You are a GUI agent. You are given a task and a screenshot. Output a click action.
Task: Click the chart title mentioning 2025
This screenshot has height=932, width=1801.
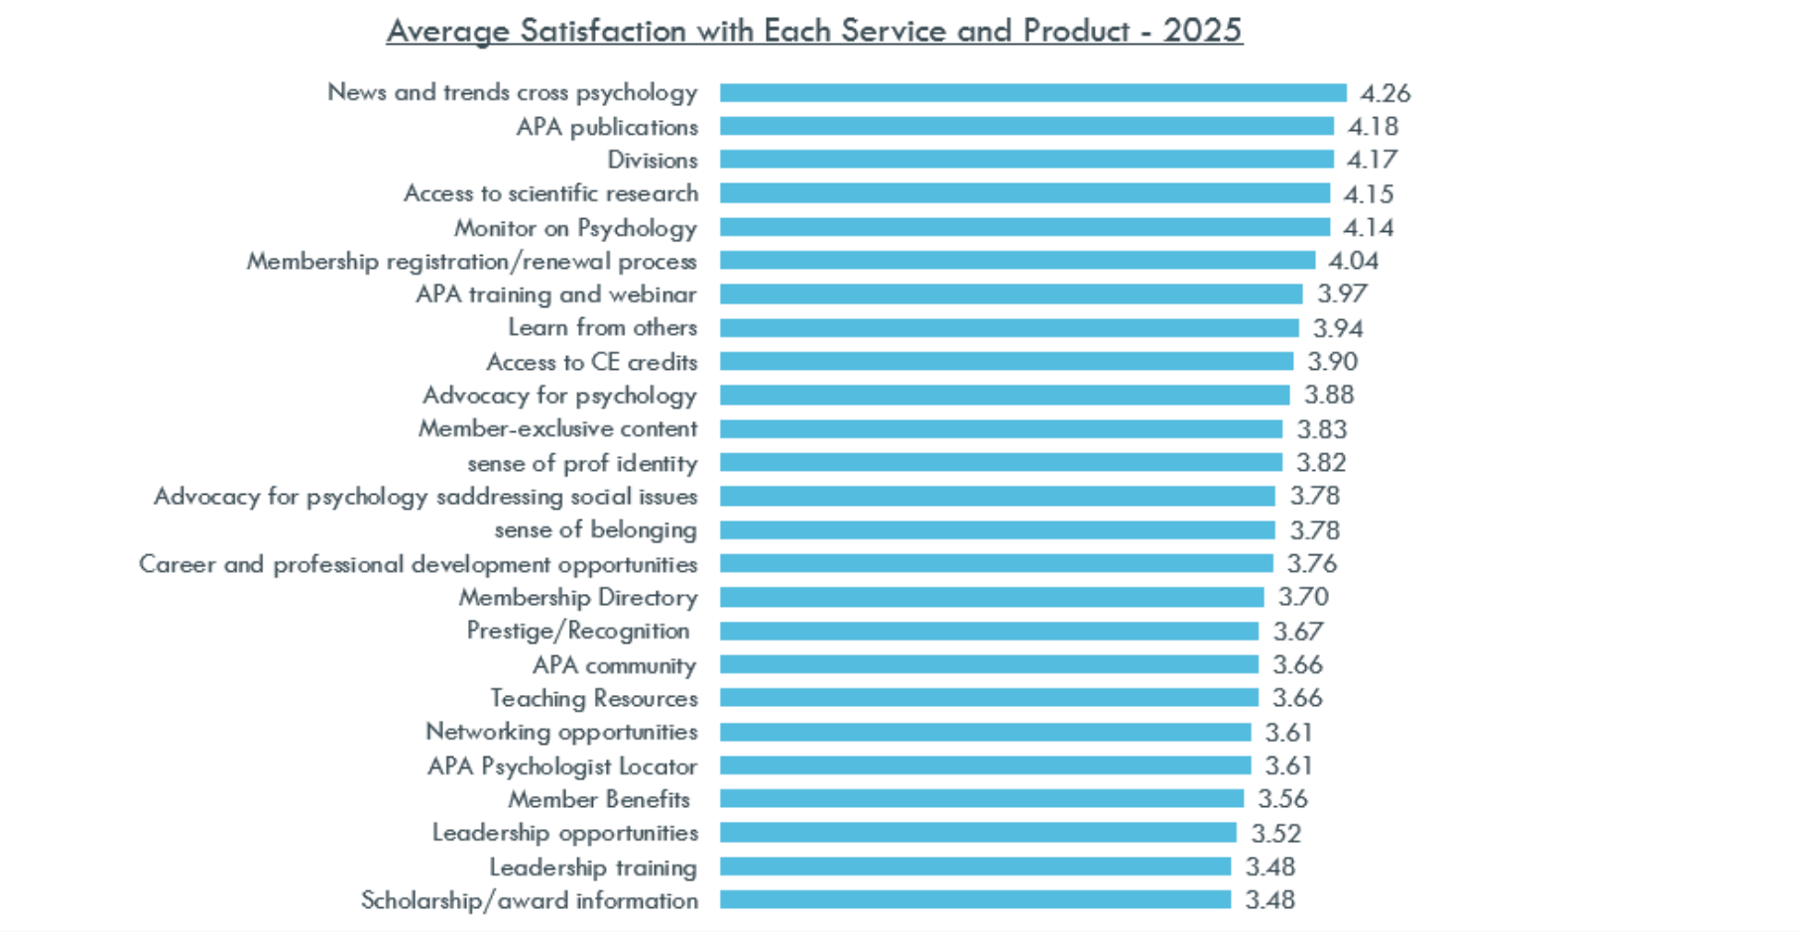[x=814, y=31]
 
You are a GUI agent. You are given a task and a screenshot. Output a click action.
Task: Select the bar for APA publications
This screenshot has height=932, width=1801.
[x=1026, y=126]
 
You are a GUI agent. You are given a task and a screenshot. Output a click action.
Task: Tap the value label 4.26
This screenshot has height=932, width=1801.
[x=1384, y=93]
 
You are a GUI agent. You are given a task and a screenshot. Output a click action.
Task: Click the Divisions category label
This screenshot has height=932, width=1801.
[x=653, y=160]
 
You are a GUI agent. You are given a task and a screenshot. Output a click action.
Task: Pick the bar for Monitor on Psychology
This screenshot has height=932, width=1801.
[x=1024, y=227]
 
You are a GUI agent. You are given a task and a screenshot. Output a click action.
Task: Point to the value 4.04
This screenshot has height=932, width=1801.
[x=1354, y=261]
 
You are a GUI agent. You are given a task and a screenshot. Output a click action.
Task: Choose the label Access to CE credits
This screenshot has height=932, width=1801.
[x=592, y=362]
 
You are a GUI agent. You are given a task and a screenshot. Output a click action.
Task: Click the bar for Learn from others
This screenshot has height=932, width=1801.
[x=1009, y=328]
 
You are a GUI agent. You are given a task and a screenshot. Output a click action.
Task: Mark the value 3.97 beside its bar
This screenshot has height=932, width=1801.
[x=1342, y=294]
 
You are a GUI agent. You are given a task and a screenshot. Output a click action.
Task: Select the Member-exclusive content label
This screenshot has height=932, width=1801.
[x=558, y=429]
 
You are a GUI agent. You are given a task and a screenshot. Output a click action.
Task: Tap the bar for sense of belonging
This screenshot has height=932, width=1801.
[x=997, y=530]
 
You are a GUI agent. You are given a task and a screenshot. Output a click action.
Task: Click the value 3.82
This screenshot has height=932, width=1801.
[x=1321, y=463]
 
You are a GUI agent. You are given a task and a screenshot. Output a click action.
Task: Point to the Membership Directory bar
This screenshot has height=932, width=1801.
[x=992, y=597]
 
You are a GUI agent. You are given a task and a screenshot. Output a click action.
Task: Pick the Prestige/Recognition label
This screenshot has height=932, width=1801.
[x=578, y=631]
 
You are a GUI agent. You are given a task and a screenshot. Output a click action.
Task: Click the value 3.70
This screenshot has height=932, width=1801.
[x=1303, y=597]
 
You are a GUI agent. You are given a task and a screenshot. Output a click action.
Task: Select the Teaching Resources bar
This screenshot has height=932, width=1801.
[x=989, y=698]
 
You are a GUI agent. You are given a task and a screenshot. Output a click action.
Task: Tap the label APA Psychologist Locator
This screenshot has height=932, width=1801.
[x=562, y=766]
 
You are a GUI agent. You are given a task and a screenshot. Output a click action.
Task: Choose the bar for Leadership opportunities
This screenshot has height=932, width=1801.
[x=978, y=833]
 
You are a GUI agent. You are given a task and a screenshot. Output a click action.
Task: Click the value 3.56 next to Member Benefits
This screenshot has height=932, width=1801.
[x=1282, y=799]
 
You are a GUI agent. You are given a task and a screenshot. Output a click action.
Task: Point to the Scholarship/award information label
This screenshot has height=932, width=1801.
[x=530, y=900]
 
